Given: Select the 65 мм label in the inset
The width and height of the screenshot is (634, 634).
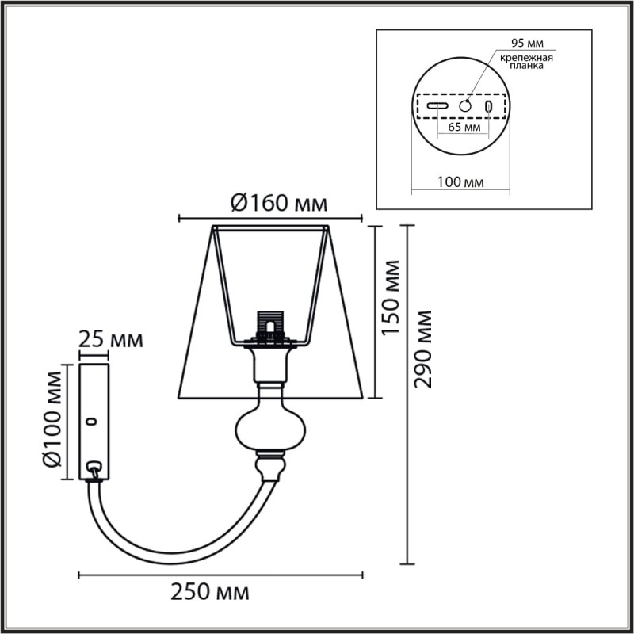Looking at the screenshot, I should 464,127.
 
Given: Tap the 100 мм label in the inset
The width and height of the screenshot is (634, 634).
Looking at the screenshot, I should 460,182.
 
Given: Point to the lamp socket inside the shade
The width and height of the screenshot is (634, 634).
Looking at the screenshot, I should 271,325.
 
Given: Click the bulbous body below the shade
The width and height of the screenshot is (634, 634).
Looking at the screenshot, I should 269,428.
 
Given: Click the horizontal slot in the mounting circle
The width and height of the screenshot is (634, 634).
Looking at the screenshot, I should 438,105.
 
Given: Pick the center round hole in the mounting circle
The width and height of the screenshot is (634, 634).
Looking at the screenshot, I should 466,105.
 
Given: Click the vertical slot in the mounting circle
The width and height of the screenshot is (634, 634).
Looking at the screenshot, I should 489,105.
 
